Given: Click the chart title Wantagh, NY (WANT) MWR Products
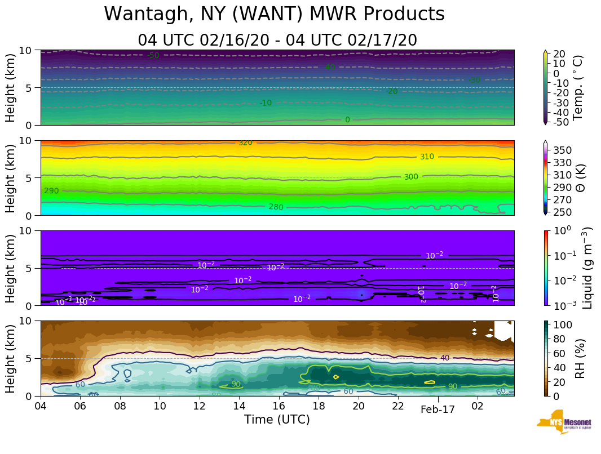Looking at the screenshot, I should pyautogui.click(x=275, y=14).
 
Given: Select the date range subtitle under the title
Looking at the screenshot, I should pyautogui.click(x=277, y=40).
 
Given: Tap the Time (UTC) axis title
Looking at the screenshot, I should pyautogui.click(x=277, y=420).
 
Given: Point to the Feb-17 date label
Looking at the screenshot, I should pyautogui.click(x=438, y=410).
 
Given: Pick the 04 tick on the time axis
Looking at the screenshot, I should pyautogui.click(x=41, y=406).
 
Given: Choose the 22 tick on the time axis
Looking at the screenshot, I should pyautogui.click(x=398, y=406).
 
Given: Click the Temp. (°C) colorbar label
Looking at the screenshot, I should pyautogui.click(x=577, y=87).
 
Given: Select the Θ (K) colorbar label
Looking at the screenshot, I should pyautogui.click(x=577, y=177).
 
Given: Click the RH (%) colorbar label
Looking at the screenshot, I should pyautogui.click(x=577, y=358).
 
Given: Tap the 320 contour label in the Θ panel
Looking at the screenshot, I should pyautogui.click(x=245, y=143).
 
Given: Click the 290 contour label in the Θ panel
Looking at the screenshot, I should pyautogui.click(x=51, y=191).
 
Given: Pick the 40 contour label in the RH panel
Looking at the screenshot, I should pyautogui.click(x=445, y=358).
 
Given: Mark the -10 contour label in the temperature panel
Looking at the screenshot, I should pyautogui.click(x=266, y=103).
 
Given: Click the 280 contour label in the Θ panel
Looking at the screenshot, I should pyautogui.click(x=276, y=207).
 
